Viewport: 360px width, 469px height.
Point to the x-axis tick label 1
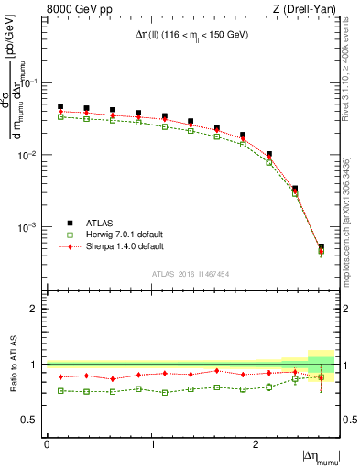(151, 444)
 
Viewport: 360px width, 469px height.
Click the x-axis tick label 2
(255, 444)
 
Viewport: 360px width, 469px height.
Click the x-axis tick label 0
(47, 444)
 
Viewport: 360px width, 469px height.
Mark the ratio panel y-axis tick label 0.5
(34, 420)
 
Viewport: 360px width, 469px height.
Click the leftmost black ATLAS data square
(60, 106)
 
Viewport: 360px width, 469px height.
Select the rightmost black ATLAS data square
(321, 246)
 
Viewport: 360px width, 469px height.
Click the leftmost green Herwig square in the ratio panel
(60, 390)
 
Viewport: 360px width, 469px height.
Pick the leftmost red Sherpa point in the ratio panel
(60, 376)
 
